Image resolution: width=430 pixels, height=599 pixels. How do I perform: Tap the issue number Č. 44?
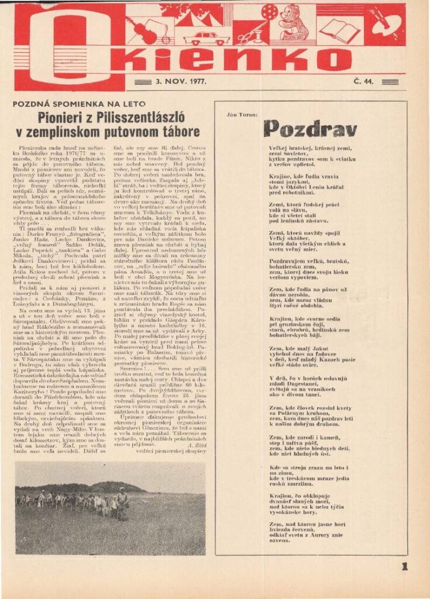point(362,81)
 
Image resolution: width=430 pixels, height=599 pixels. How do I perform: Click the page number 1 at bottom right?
point(404,566)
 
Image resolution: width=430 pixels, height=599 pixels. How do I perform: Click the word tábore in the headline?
point(176,132)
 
